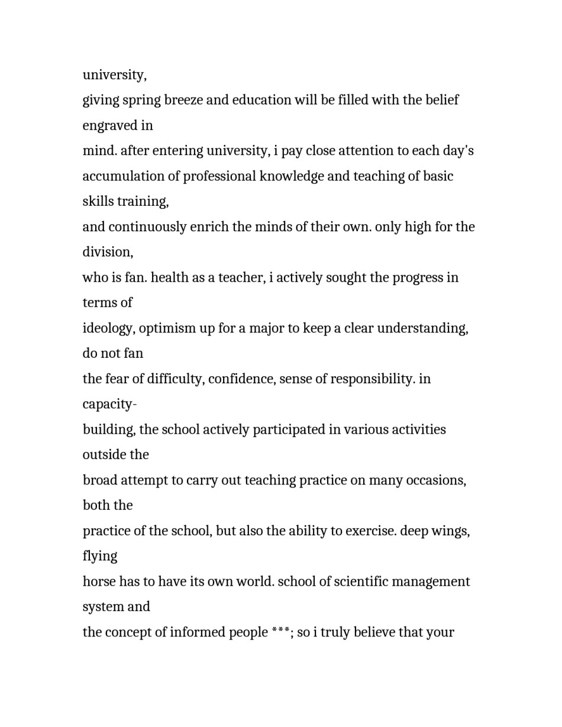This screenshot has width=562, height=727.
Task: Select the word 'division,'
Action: [108, 252]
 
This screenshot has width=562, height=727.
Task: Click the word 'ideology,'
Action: [109, 329]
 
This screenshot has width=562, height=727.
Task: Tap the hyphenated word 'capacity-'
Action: [109, 405]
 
